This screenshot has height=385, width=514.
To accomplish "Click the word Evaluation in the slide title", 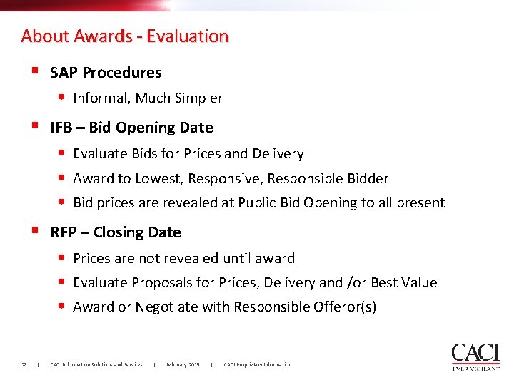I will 188,36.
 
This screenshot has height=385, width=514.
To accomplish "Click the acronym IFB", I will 61,128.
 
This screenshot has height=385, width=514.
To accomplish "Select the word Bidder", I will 366,179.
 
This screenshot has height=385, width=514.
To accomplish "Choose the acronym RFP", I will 63,232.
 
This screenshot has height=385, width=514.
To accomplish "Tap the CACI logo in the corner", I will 475,356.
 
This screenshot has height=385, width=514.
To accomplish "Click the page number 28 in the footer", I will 24,365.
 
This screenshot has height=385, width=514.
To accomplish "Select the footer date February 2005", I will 183,365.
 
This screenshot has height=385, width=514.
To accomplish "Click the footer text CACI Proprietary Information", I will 258,365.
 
